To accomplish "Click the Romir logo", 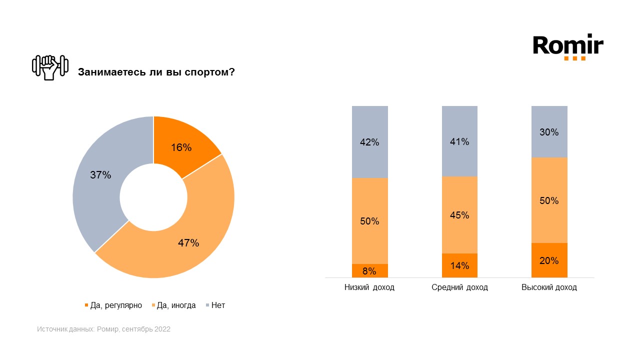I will [568, 46].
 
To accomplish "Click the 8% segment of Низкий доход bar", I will [370, 270].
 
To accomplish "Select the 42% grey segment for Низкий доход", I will [370, 142].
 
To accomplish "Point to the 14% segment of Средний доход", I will [459, 265].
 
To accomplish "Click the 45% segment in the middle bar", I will [459, 215].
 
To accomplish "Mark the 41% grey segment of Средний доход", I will [459, 141].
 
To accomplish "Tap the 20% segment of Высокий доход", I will [549, 260].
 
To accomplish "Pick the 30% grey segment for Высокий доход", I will [549, 132].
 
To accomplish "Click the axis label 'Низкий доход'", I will [369, 287].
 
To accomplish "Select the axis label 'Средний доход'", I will [459, 287].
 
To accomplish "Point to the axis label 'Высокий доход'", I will [549, 287].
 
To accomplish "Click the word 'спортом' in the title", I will [210, 72].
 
